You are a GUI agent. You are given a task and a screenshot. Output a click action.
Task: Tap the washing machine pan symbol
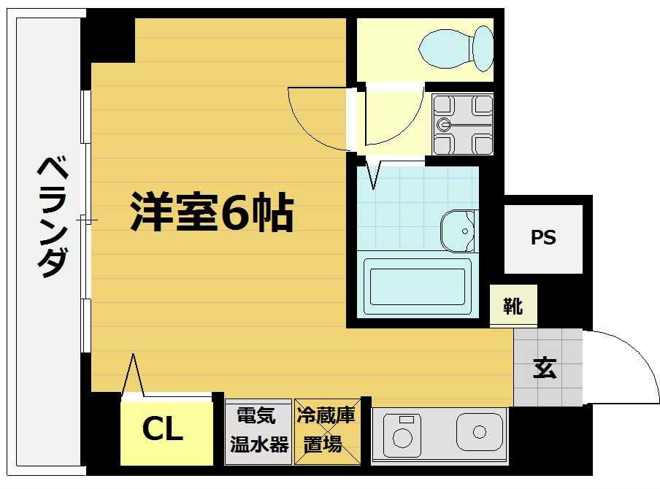click(x=462, y=125)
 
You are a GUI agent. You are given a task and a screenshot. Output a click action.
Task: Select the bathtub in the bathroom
click(x=417, y=286)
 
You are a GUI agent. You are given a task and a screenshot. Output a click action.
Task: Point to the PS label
click(x=543, y=238)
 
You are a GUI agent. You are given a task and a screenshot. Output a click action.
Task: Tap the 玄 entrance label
click(x=544, y=369)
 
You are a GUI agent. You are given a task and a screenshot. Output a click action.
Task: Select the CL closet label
click(x=162, y=430)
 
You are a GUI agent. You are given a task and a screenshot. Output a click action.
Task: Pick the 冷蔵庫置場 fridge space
click(x=326, y=431)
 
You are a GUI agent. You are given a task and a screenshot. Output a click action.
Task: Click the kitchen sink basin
click(x=480, y=431)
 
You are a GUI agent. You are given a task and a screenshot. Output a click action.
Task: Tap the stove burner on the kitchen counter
click(x=402, y=431)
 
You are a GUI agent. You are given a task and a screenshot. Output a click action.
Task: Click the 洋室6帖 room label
click(x=212, y=212)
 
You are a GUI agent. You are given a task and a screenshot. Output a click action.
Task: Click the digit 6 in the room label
click(x=237, y=212)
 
